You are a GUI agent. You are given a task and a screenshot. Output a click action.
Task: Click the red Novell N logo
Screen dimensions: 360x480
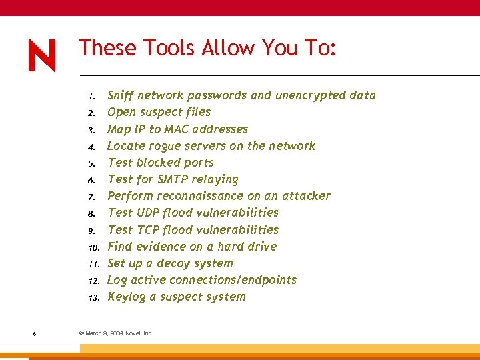click(x=42, y=55)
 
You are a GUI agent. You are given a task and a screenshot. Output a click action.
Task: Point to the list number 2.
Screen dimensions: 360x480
click(x=95, y=113)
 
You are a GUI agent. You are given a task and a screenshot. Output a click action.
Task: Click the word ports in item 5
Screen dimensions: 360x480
click(x=198, y=163)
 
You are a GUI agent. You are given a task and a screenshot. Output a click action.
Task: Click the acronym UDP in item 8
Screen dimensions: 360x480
click(x=145, y=213)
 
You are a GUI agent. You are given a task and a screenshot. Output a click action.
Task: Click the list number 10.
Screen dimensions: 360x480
click(x=93, y=247)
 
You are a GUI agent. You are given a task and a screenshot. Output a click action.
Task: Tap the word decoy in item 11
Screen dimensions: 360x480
click(x=173, y=264)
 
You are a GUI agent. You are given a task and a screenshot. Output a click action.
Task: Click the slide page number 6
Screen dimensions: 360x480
click(x=34, y=333)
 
